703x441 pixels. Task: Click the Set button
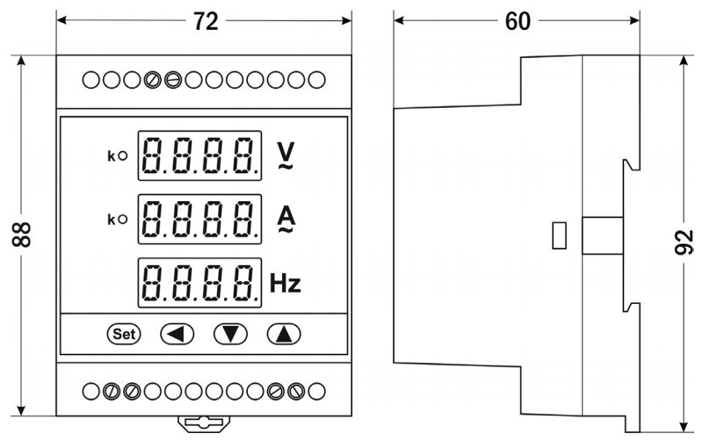[x=123, y=334]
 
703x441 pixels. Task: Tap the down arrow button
[x=230, y=334]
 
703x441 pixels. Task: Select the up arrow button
[x=283, y=334]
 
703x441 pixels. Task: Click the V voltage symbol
[x=286, y=155]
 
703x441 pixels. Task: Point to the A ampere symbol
[x=286, y=219]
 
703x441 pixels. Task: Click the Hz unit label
[x=286, y=283]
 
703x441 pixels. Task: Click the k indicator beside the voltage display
[x=116, y=156]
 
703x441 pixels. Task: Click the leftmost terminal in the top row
[x=91, y=81]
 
